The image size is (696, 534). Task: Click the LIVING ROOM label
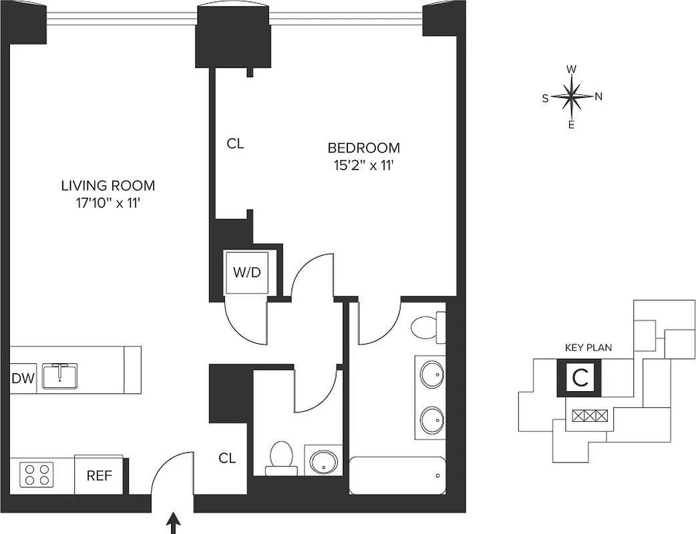pyautogui.click(x=108, y=186)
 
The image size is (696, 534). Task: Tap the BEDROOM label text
pyautogui.click(x=363, y=148)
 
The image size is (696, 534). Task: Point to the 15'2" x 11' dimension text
pyautogui.click(x=363, y=166)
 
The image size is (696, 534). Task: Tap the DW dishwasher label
pyautogui.click(x=22, y=379)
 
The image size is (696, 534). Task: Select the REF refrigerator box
pyautogui.click(x=98, y=475)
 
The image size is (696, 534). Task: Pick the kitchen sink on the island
pyautogui.click(x=59, y=376)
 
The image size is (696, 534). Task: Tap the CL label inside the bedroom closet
pyautogui.click(x=235, y=144)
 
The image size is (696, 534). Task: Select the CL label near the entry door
pyautogui.click(x=228, y=459)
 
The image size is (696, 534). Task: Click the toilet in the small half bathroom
pyautogui.click(x=281, y=457)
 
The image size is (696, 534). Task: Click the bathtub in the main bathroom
pyautogui.click(x=397, y=475)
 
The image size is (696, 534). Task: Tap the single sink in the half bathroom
pyautogui.click(x=324, y=461)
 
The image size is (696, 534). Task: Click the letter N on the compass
pyautogui.click(x=598, y=96)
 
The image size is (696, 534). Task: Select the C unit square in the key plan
pyautogui.click(x=580, y=378)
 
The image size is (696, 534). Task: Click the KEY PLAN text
pyautogui.click(x=588, y=348)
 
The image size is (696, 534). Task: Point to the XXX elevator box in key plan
pyautogui.click(x=590, y=415)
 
